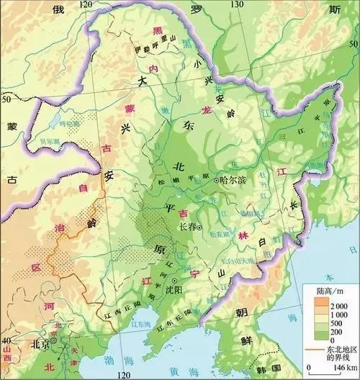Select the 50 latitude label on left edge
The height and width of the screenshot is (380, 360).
tap(6, 97)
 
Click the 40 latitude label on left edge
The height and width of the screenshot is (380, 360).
tap(6, 340)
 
